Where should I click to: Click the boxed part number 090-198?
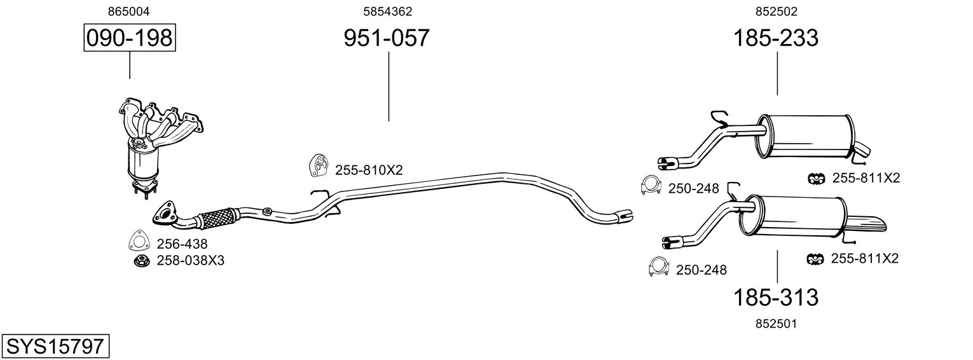129,38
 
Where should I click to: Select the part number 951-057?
387,38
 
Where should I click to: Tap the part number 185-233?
776,38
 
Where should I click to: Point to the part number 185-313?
776,297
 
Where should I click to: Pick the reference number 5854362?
387,11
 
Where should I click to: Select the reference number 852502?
776,11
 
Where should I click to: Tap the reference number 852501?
776,324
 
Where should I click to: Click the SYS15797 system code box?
55,347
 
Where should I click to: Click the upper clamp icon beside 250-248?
650,185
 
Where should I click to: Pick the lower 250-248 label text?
701,270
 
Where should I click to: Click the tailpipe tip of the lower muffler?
871,226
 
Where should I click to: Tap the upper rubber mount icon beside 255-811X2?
815,179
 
